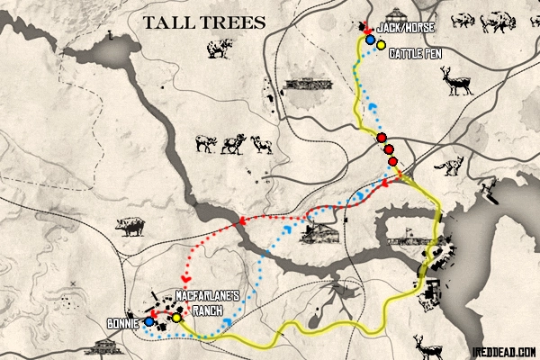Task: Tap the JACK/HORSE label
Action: [x=401, y=29]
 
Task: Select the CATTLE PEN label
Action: [x=415, y=54]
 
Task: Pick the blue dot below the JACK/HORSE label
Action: [x=370, y=40]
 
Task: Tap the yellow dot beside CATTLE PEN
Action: [x=382, y=44]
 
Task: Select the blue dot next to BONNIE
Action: [x=148, y=321]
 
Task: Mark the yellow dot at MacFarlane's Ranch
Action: [x=177, y=317]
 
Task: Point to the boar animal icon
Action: [x=130, y=228]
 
